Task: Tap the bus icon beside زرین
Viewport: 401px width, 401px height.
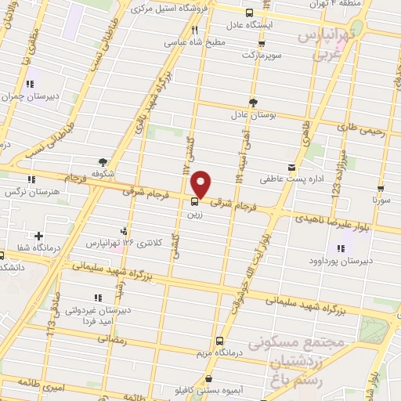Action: click(194, 200)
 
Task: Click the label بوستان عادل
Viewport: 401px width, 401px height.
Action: click(252, 114)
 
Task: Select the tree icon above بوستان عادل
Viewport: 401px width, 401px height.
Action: click(252, 103)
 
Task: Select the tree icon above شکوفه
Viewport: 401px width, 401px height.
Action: click(103, 161)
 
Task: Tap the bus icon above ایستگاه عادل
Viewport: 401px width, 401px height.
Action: click(249, 13)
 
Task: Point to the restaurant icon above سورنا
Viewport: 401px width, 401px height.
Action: click(381, 189)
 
